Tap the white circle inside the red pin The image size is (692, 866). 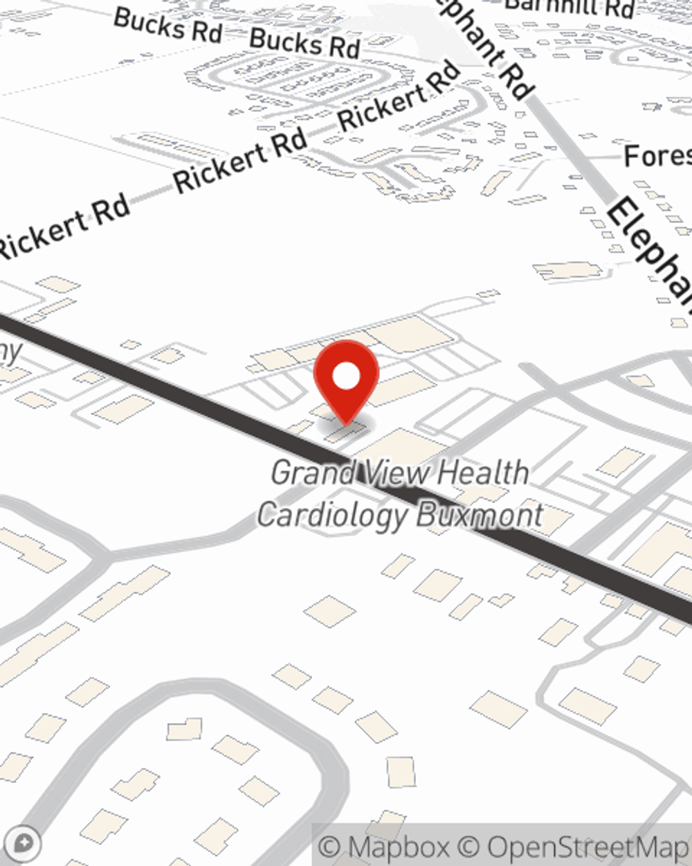pos(346,377)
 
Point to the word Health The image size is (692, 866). pos(484,473)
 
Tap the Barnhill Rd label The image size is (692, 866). pos(570,7)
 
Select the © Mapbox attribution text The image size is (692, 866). pos(385,847)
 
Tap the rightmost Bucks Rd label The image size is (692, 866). pos(304,43)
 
